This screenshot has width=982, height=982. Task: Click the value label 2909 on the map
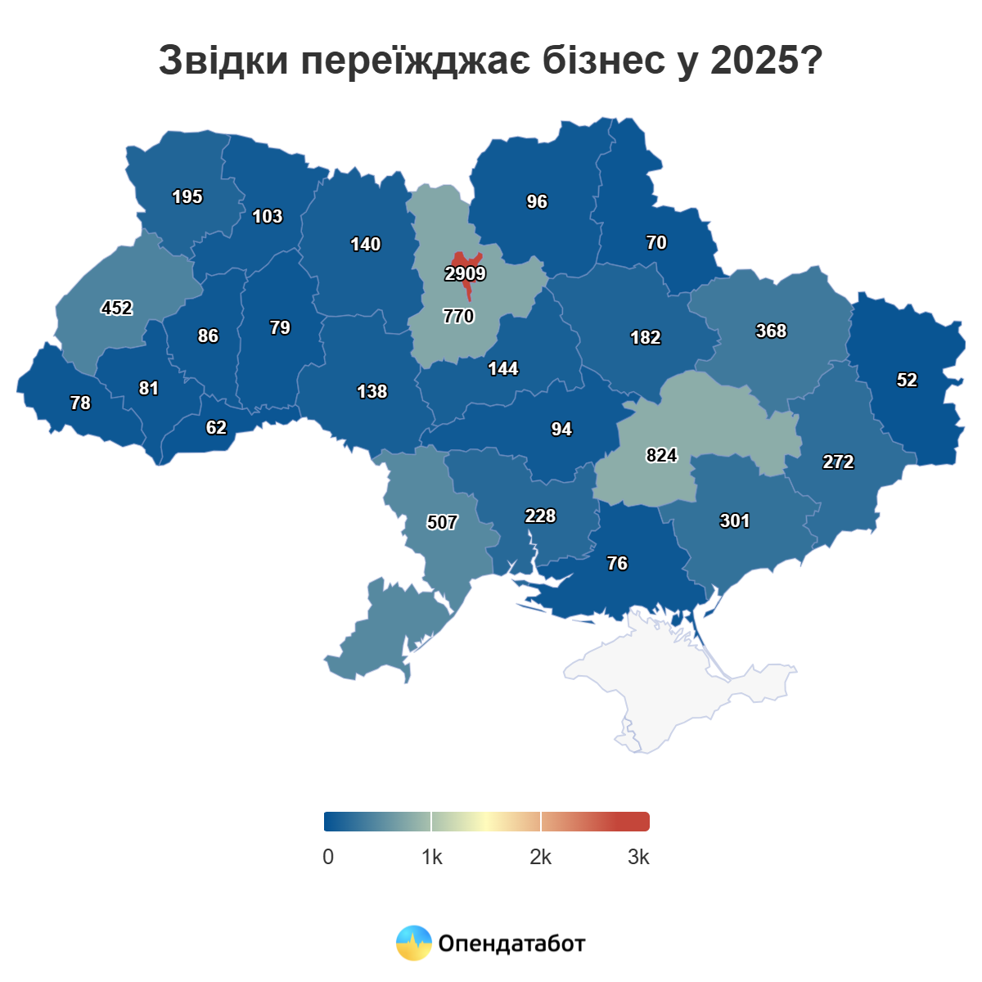(465, 274)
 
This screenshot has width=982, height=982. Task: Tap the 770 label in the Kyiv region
(458, 316)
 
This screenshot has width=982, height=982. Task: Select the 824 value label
(661, 455)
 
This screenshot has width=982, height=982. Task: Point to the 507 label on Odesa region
(442, 522)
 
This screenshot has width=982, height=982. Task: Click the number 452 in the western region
(116, 308)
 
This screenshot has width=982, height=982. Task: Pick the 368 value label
(771, 331)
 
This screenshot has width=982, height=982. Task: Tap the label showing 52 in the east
(907, 380)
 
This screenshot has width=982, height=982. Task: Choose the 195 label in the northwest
(187, 196)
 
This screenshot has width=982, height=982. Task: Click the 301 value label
(734, 520)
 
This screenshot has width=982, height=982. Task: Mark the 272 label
(838, 462)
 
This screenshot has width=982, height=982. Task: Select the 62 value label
(216, 427)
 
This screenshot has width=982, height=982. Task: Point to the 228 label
(540, 516)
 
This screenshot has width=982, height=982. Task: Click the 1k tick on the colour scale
(432, 857)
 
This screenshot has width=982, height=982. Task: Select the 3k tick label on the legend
(638, 857)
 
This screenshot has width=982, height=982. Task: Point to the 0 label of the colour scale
(328, 857)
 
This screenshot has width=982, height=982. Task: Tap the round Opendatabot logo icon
(413, 943)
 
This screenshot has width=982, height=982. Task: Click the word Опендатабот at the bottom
(511, 944)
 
